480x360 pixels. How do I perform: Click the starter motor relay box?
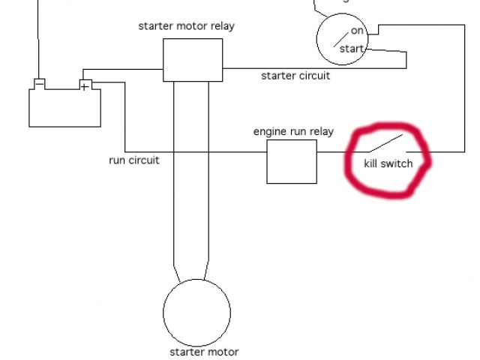coord(193,60)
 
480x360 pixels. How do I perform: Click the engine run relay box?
coord(292,161)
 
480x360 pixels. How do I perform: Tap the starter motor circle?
coord(196,312)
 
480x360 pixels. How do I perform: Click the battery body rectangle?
coord(64,109)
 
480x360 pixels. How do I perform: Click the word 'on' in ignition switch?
coord(357,31)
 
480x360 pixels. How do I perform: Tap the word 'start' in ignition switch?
coord(352,49)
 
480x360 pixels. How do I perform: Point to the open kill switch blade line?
coord(385,142)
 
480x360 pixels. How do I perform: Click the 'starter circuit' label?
coord(295,76)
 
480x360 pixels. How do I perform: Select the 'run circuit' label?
coord(134,160)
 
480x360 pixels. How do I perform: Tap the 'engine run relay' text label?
coord(293,132)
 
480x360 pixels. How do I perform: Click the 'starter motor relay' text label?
coord(187,26)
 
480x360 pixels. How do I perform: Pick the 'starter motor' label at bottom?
coord(204,352)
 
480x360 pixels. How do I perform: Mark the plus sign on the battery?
coord(85,87)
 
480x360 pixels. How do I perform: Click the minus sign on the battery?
coord(40,82)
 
